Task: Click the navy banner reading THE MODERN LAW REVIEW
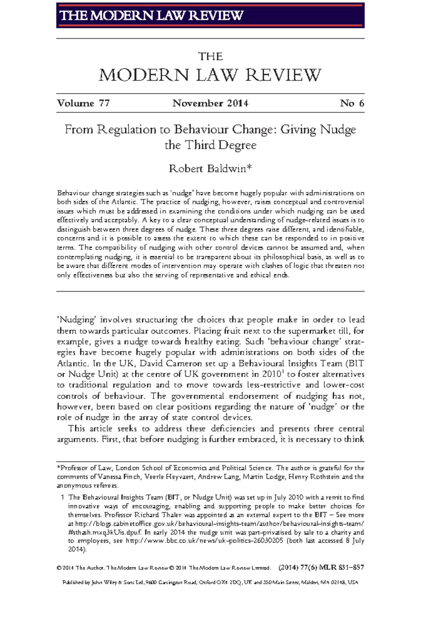coord(210,15)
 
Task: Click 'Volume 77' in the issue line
coord(83,103)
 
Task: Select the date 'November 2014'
coord(210,103)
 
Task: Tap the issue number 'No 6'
coord(352,103)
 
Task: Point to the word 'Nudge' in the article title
coord(338,130)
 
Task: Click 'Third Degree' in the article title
coord(221,145)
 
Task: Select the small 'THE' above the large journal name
coord(210,57)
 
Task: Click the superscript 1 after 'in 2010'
coord(283,372)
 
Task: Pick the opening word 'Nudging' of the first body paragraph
coord(76,320)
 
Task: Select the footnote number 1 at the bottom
coord(62,497)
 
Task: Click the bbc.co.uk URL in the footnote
coord(204,541)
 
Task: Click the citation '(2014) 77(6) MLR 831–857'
coord(321,568)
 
